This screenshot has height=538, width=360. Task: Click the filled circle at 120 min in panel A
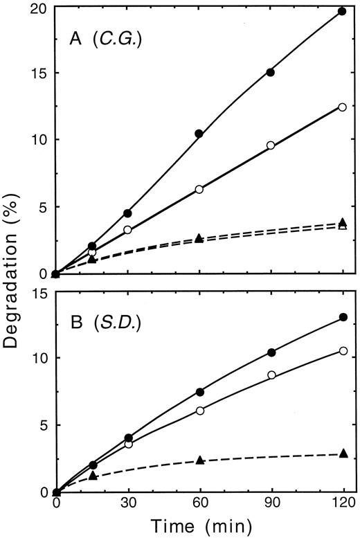coord(342,11)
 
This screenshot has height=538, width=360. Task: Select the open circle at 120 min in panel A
coord(342,107)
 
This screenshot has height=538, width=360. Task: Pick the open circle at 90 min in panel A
coord(271,145)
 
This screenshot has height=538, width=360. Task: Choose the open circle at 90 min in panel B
coord(271,375)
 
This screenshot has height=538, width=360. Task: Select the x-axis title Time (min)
coord(198,527)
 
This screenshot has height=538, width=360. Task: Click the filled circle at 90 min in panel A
coord(271,72)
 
